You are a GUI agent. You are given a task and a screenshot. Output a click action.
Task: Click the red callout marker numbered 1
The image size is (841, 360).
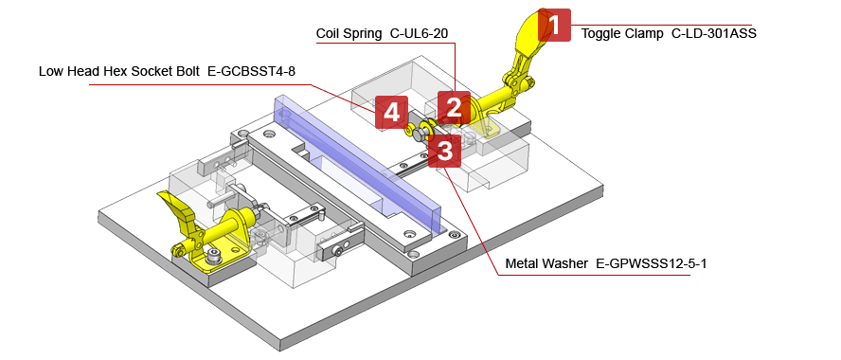pos(554,26)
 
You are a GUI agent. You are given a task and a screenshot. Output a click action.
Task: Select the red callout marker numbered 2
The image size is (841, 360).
pos(454,108)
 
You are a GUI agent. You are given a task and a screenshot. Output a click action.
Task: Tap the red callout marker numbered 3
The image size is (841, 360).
pos(444,151)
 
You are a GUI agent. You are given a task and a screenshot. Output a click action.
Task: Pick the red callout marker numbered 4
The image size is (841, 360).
pos(391,112)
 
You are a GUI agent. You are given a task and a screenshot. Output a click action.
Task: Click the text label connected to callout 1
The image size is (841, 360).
pos(678,32)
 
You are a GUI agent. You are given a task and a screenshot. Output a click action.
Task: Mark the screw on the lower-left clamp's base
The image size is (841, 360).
pos(217,254)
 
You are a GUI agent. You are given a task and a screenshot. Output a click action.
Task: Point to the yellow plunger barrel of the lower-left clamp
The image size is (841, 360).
pos(229,227)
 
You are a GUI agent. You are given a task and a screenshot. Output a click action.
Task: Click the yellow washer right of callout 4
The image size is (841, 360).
pos(409,126)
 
